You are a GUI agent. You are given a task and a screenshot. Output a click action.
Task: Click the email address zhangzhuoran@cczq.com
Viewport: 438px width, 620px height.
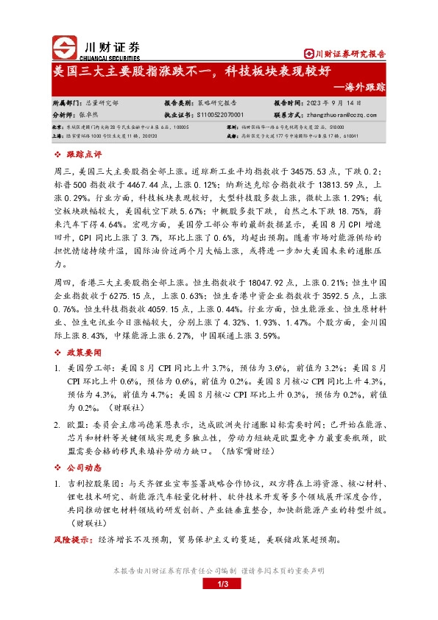point(347,116)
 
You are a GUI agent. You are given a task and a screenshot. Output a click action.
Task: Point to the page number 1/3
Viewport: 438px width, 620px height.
point(219,585)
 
